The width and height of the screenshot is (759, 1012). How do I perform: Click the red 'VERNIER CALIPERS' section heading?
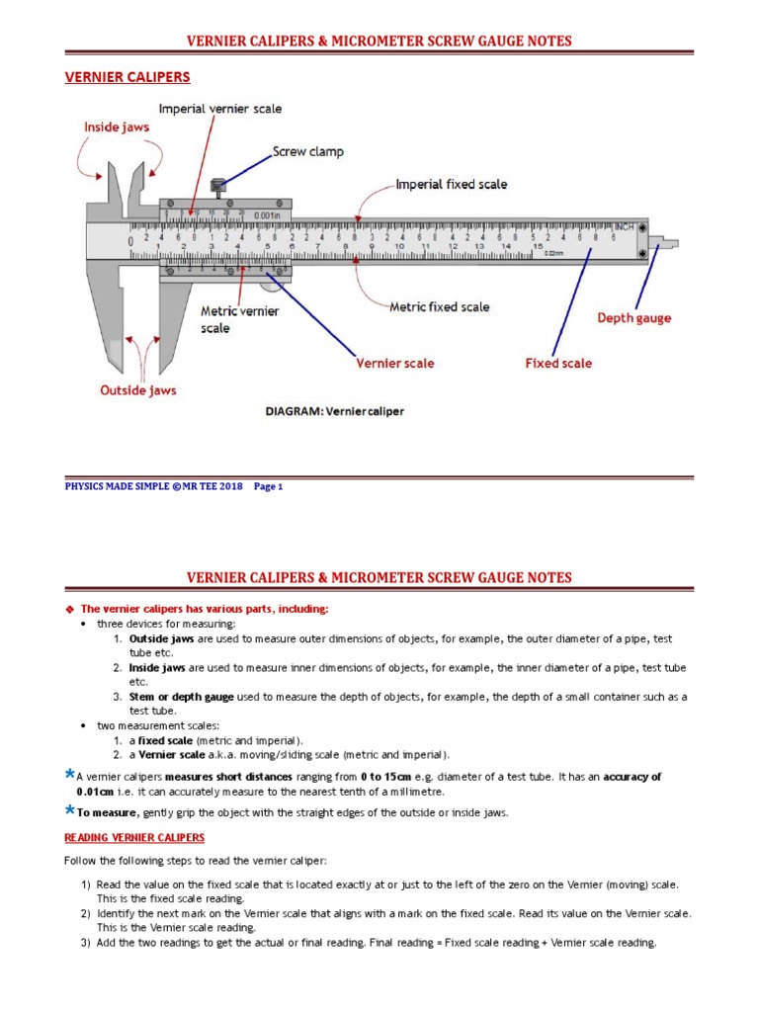[127, 77]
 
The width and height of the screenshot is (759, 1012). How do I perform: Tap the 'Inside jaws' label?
[118, 126]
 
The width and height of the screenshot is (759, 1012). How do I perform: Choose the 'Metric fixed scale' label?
[439, 307]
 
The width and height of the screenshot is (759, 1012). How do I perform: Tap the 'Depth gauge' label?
[633, 318]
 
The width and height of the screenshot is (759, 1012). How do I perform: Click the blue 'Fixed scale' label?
[558, 364]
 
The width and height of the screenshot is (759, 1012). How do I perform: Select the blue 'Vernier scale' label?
[395, 364]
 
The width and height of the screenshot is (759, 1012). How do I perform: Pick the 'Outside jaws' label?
[138, 390]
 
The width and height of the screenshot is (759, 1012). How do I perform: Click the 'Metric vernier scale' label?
[240, 319]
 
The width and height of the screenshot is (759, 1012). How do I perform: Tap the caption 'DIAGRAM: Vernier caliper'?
[335, 410]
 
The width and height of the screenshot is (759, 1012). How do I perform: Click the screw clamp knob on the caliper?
[219, 184]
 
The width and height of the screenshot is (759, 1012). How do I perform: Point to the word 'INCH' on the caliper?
[624, 226]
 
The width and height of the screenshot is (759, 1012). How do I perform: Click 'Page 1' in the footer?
[268, 486]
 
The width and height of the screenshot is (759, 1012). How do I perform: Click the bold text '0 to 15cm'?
[388, 777]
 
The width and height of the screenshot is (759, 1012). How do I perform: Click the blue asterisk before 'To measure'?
[69, 810]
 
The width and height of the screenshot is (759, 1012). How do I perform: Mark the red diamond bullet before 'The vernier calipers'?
[69, 609]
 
